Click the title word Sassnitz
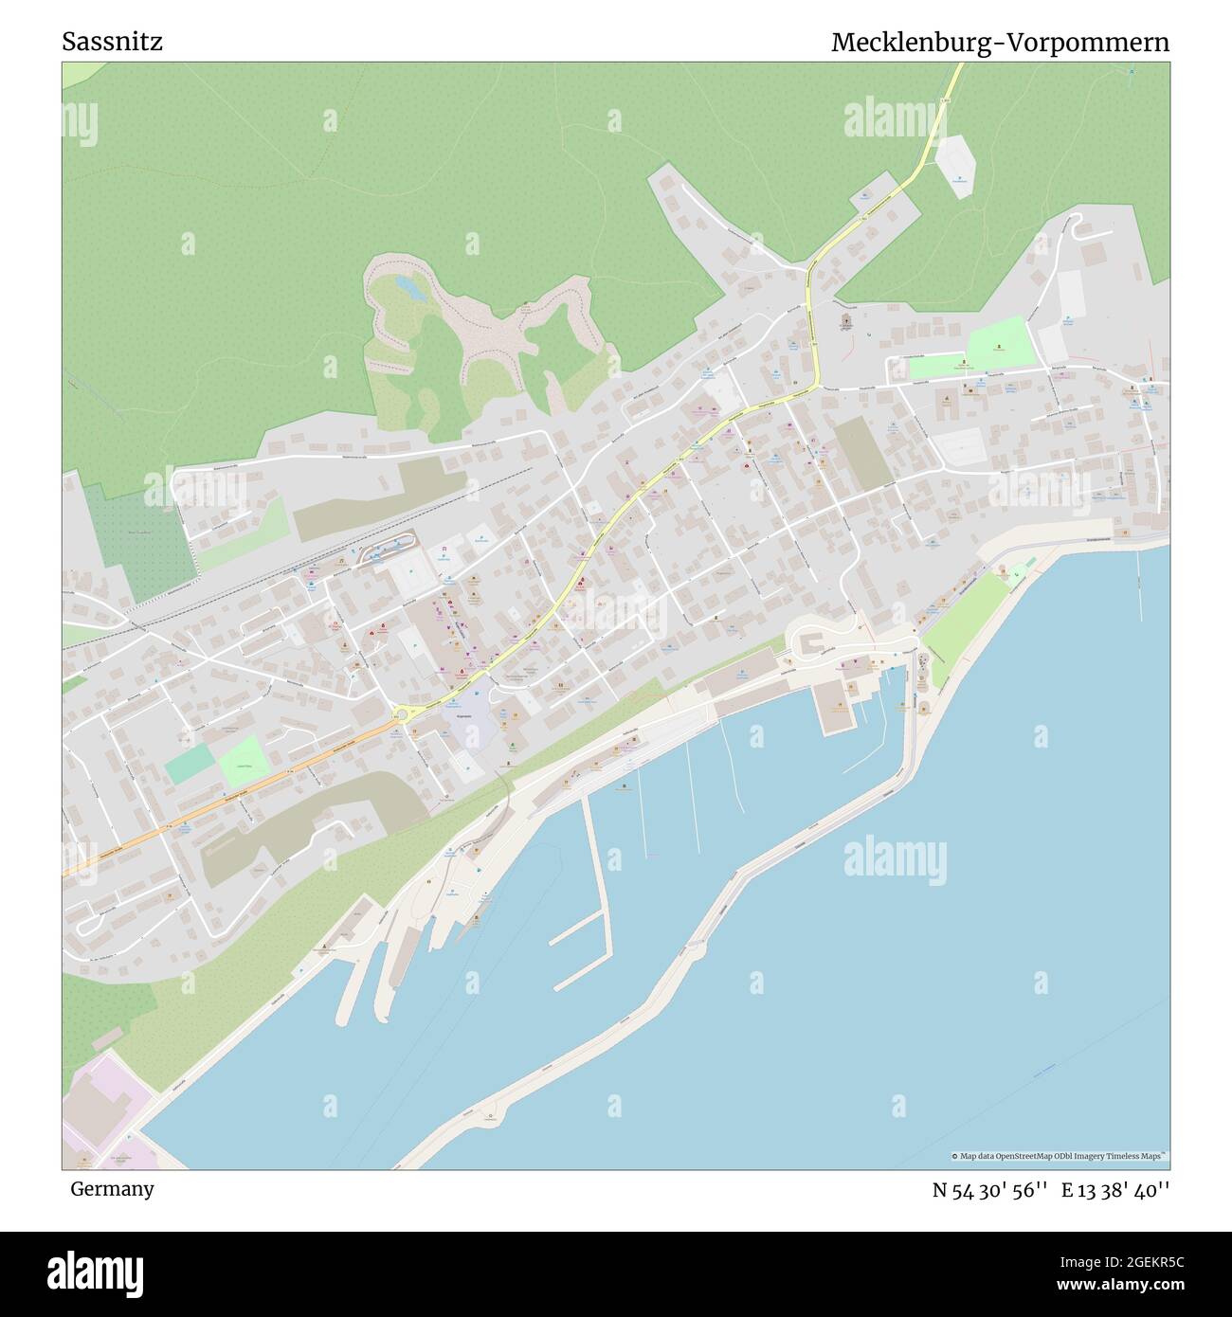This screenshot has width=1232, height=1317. (x=112, y=42)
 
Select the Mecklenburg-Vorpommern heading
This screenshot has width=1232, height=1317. (x=1000, y=43)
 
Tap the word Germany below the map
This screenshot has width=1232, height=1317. (x=111, y=1189)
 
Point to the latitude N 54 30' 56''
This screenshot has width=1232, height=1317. (x=989, y=1190)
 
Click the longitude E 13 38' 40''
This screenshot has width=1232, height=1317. (x=1115, y=1190)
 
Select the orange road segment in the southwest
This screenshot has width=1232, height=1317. (x=227, y=795)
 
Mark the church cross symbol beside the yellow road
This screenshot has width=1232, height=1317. (x=846, y=321)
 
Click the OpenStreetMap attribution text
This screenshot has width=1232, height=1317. (x=1060, y=1156)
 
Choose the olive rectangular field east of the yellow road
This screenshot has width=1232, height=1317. (x=861, y=452)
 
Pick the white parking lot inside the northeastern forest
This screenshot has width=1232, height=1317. (x=954, y=166)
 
